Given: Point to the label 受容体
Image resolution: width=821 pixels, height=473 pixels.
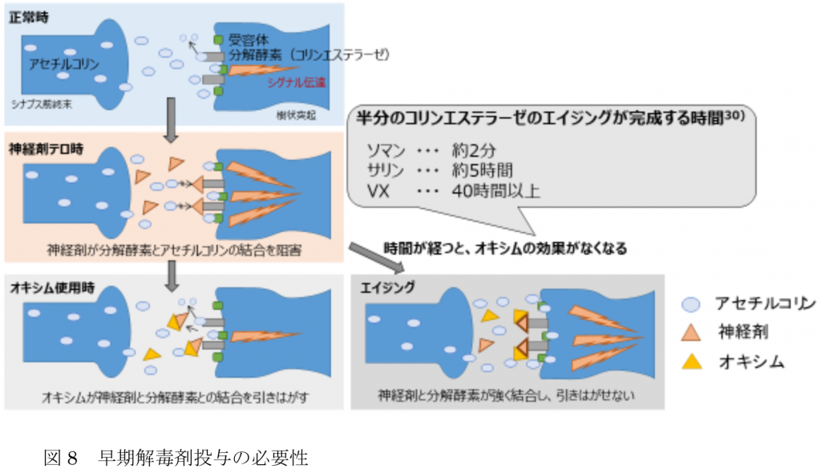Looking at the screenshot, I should pyautogui.click(x=245, y=39).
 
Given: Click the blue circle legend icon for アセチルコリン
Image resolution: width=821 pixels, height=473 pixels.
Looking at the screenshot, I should pyautogui.click(x=691, y=304).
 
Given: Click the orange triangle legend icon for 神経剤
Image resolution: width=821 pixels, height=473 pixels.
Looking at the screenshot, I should pyautogui.click(x=691, y=332).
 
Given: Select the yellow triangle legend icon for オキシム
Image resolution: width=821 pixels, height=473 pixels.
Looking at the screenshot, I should pyautogui.click(x=691, y=361).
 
